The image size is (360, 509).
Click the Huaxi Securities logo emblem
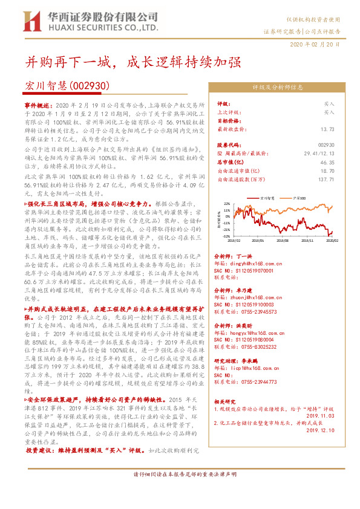click(36, 21)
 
